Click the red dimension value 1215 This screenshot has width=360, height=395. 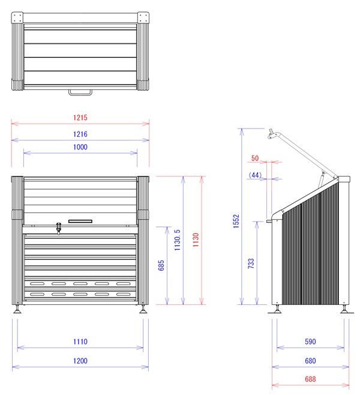pos(80,118)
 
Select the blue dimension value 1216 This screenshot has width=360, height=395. pos(80,134)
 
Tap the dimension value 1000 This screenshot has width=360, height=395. pos(80,147)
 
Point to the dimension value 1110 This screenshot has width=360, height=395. pos(80,342)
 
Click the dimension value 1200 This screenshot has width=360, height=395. pos(80,361)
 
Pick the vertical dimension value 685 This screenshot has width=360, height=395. pos(161,265)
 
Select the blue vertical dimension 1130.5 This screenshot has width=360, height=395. pos(178,240)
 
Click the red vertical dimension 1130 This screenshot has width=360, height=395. pos(196,240)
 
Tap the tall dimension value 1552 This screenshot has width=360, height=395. pos(236,221)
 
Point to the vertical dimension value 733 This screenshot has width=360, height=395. pos(251,264)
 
